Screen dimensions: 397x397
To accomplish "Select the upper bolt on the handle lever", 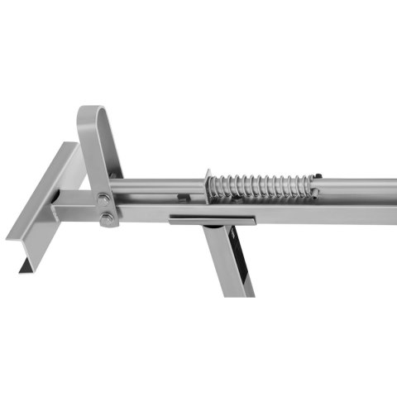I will click(x=102, y=199).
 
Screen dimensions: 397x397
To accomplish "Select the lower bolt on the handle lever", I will click(x=107, y=219).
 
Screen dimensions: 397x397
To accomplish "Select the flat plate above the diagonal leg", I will click(x=211, y=219).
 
